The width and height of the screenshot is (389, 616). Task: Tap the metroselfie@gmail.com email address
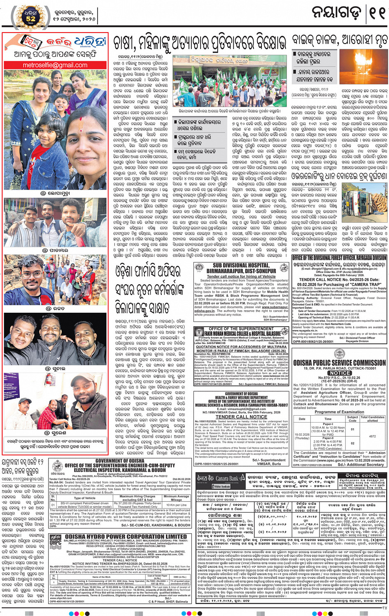(55, 65)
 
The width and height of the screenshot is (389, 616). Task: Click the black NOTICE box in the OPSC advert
(340, 373)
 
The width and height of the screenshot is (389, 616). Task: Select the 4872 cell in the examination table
(372, 436)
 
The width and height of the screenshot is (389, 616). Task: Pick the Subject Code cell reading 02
(352, 443)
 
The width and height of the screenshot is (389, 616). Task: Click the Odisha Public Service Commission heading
(340, 363)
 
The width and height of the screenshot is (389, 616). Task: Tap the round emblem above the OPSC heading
(340, 353)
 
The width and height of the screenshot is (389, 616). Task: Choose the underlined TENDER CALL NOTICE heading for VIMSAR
(241, 417)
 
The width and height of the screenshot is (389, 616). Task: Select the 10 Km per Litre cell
(177, 505)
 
